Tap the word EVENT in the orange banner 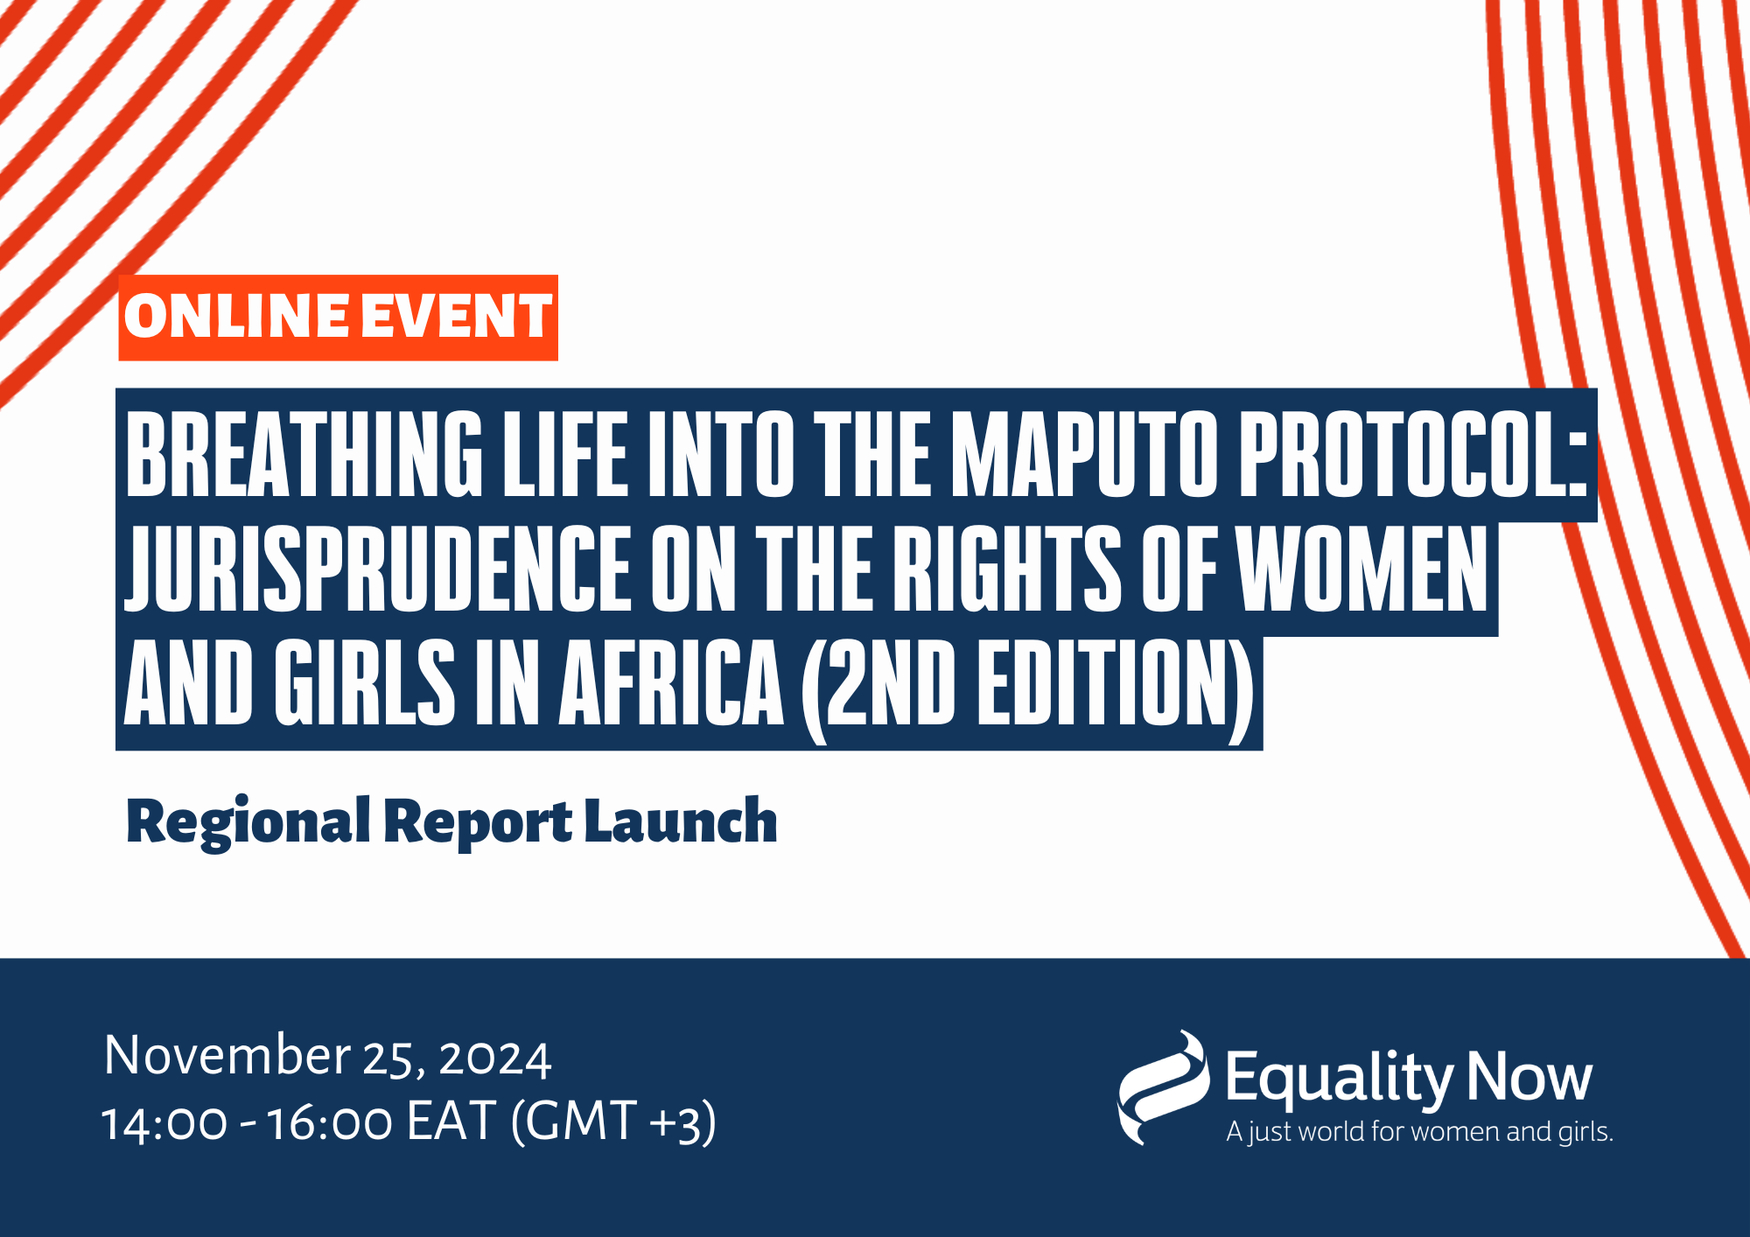(457, 316)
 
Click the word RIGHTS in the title (1007, 569)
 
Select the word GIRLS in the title (366, 682)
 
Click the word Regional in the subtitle (248, 822)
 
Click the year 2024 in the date (494, 1059)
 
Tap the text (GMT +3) (613, 1122)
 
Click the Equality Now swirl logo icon (1163, 1087)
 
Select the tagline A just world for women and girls (1419, 1132)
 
